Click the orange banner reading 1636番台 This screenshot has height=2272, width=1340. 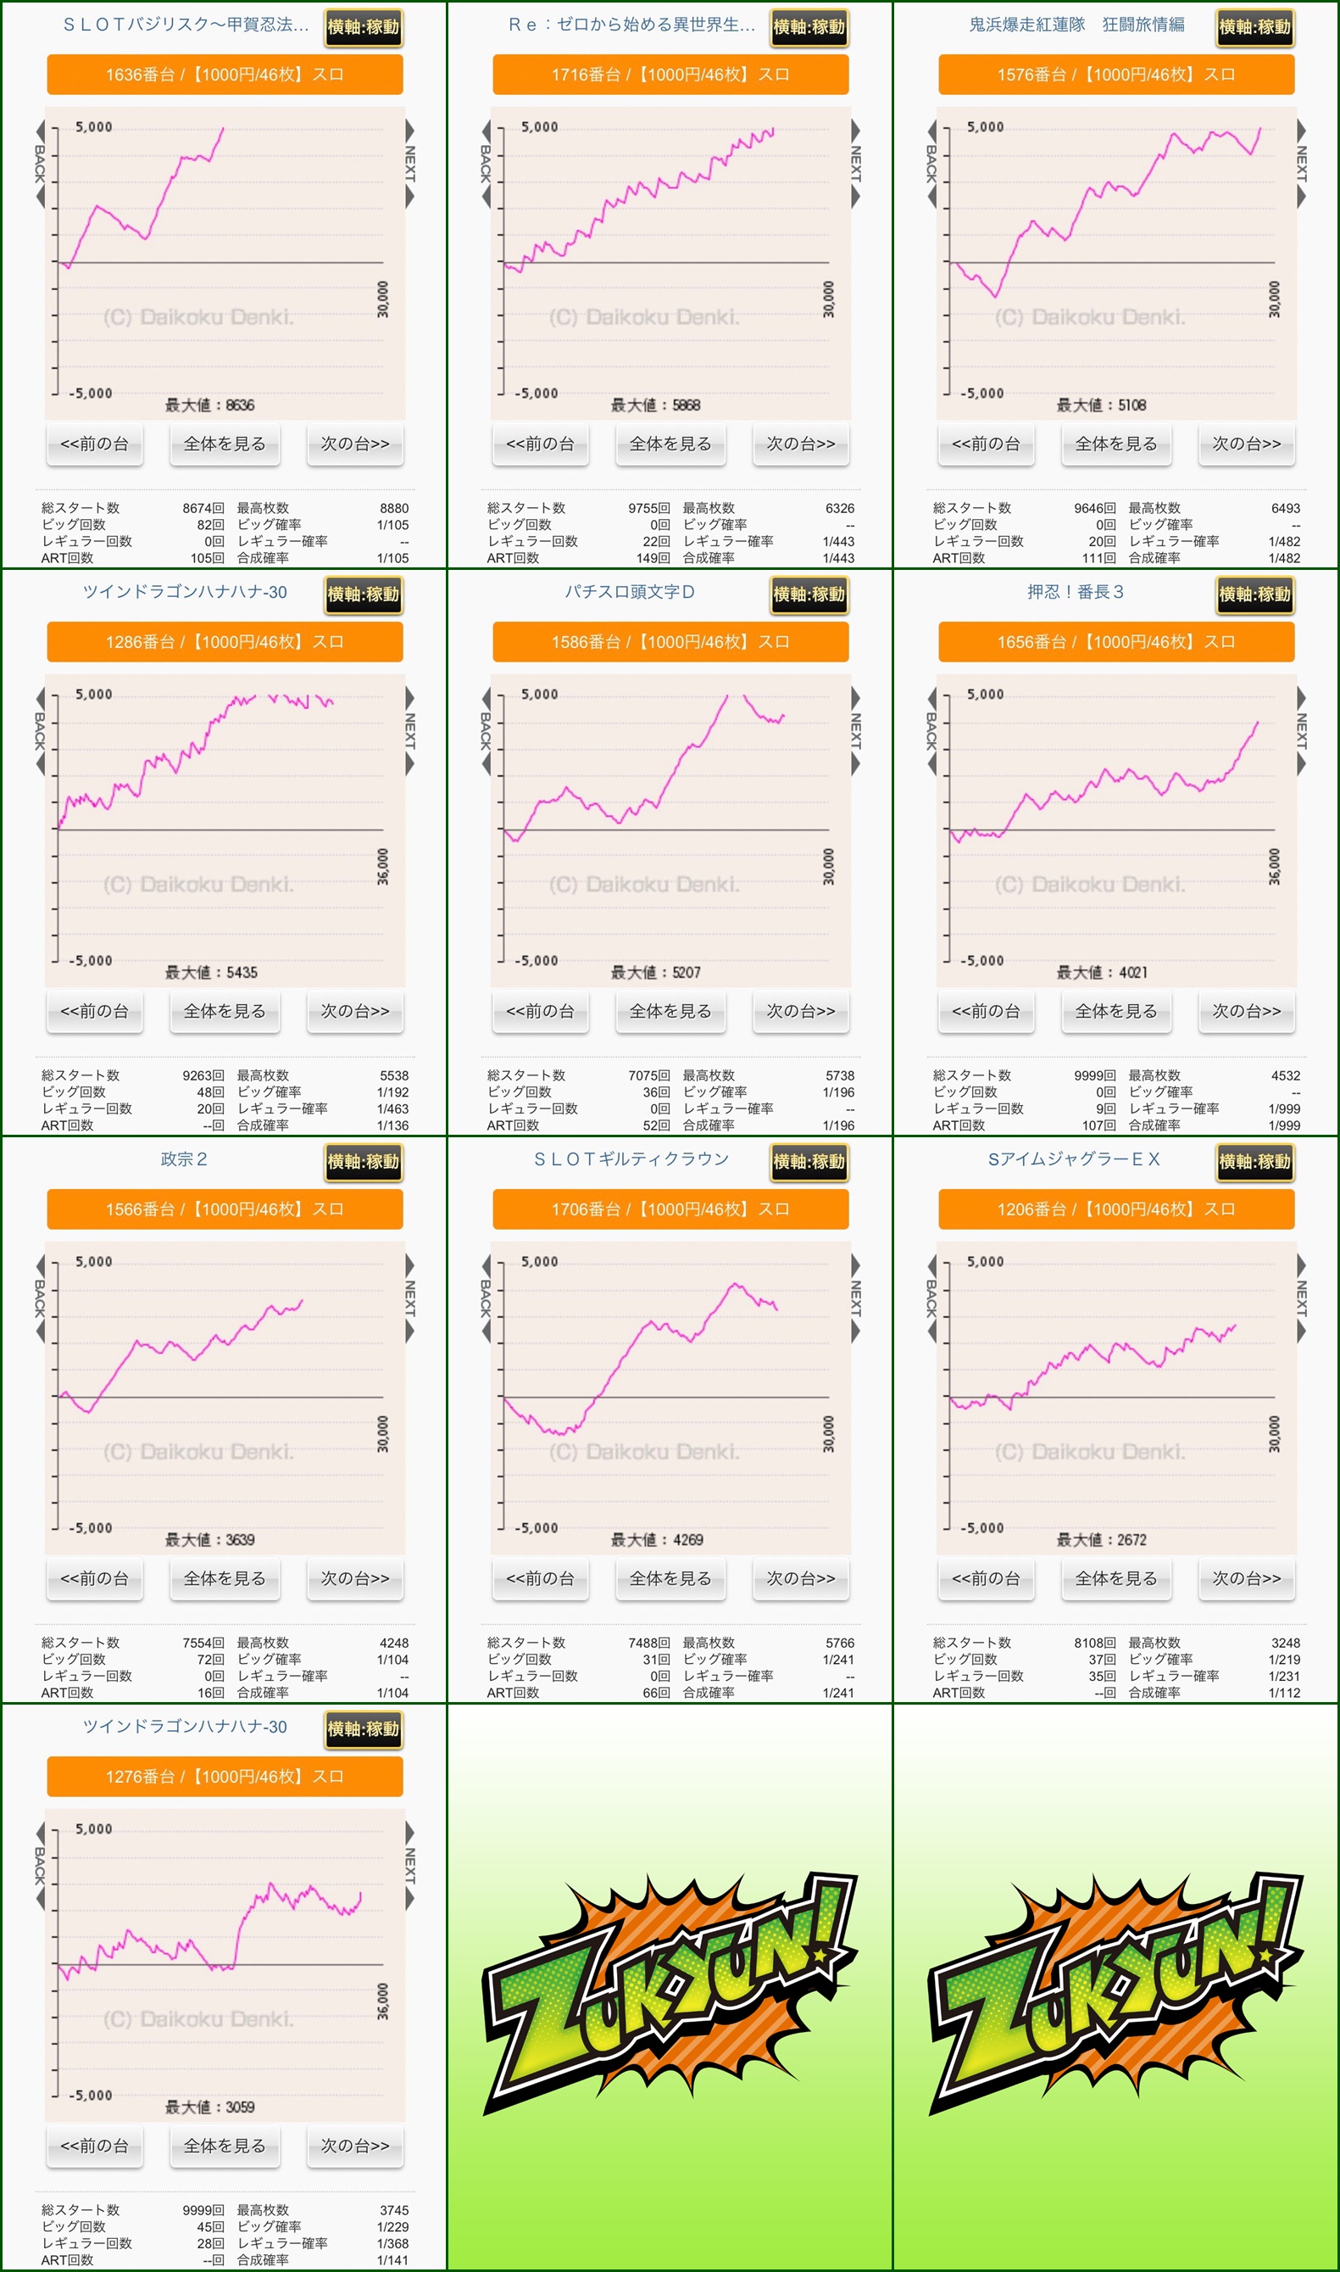point(224,75)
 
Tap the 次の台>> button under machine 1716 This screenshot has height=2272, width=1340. point(800,444)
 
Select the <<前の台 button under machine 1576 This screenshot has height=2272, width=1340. point(985,444)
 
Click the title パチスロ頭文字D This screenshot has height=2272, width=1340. point(630,592)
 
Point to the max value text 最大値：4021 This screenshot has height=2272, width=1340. point(1102,972)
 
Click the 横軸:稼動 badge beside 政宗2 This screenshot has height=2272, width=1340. point(363,1162)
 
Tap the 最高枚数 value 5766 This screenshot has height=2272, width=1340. point(839,1644)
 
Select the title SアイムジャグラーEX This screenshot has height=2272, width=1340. point(1074,1159)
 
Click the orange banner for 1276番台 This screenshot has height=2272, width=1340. point(224,1777)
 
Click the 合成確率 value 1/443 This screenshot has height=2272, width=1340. point(838,558)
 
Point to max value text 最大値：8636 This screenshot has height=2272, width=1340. point(209,405)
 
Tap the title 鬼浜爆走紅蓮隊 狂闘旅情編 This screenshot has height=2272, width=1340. point(1076,25)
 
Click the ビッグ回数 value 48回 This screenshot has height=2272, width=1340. point(210,1092)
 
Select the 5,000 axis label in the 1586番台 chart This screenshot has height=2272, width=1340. point(539,694)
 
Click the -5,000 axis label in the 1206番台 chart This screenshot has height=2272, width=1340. point(981,1527)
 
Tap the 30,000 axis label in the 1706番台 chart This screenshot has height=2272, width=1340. point(828,1433)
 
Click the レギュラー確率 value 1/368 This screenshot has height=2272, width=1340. point(392,2243)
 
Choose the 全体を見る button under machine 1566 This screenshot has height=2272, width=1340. point(224,1579)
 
